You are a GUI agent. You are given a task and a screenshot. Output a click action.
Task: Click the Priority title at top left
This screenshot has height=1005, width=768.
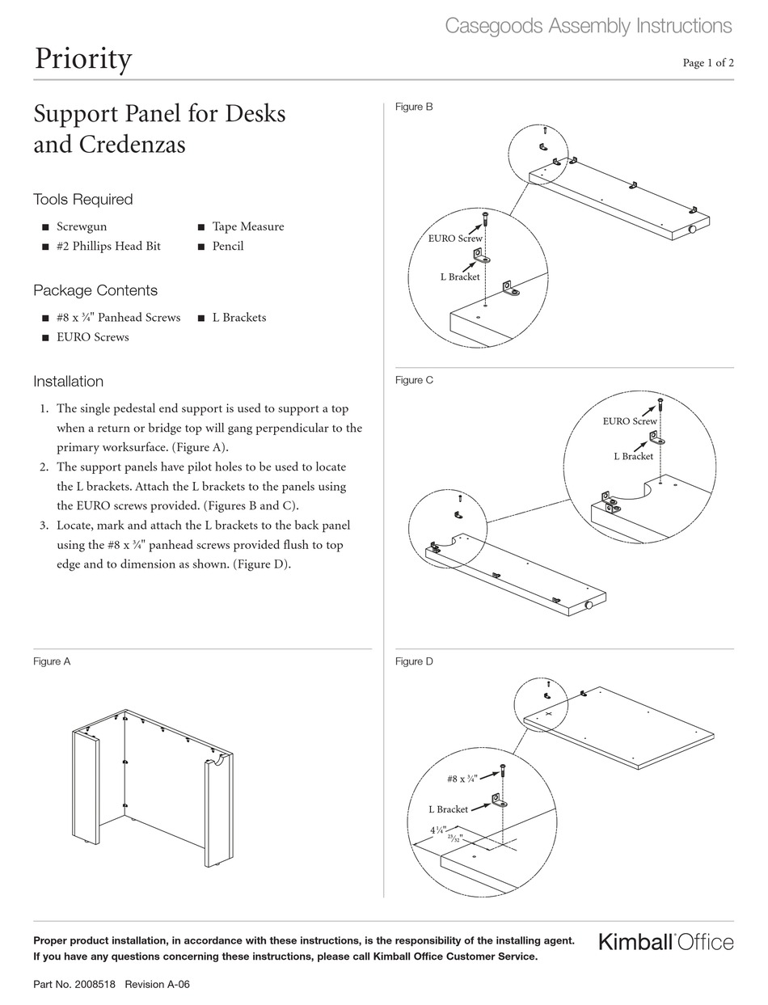click(x=82, y=59)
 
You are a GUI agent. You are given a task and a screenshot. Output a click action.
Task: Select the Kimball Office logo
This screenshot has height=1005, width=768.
click(x=666, y=942)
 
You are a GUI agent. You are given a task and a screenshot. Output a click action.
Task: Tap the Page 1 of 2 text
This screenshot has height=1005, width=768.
click(x=708, y=63)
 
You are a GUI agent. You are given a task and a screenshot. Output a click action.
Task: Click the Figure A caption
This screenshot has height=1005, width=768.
click(x=52, y=661)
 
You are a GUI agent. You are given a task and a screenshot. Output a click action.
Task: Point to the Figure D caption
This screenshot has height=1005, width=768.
click(x=414, y=661)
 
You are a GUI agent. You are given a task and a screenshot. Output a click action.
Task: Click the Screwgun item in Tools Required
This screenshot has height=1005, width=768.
click(x=81, y=226)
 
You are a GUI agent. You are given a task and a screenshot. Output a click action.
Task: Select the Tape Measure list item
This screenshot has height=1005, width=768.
click(x=247, y=226)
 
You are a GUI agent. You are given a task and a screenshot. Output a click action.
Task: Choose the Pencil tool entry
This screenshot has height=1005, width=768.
click(x=227, y=246)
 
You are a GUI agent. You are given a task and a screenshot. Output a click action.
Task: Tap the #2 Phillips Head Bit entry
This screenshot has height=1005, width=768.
click(x=108, y=246)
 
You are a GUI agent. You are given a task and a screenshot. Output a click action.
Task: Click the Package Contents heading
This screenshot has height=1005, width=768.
click(x=95, y=290)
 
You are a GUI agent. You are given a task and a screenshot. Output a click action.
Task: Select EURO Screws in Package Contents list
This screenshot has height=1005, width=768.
click(x=92, y=337)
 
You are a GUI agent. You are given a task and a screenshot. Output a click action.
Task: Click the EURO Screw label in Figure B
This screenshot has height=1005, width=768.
click(x=455, y=239)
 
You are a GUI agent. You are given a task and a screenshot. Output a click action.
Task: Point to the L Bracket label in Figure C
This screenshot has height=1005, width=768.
click(x=633, y=456)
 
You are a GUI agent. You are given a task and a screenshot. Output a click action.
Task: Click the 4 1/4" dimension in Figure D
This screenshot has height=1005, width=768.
click(x=438, y=830)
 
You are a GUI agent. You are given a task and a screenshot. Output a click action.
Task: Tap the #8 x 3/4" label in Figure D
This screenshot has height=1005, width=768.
click(x=462, y=779)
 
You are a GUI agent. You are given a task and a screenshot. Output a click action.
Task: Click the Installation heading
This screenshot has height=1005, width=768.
click(x=68, y=382)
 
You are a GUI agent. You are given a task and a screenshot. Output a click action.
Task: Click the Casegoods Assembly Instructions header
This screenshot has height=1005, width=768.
click(x=589, y=26)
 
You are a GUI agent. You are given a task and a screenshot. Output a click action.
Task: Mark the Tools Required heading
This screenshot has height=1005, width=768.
click(x=82, y=200)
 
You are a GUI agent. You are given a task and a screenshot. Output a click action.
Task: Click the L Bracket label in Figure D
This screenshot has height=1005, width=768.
click(x=448, y=809)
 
